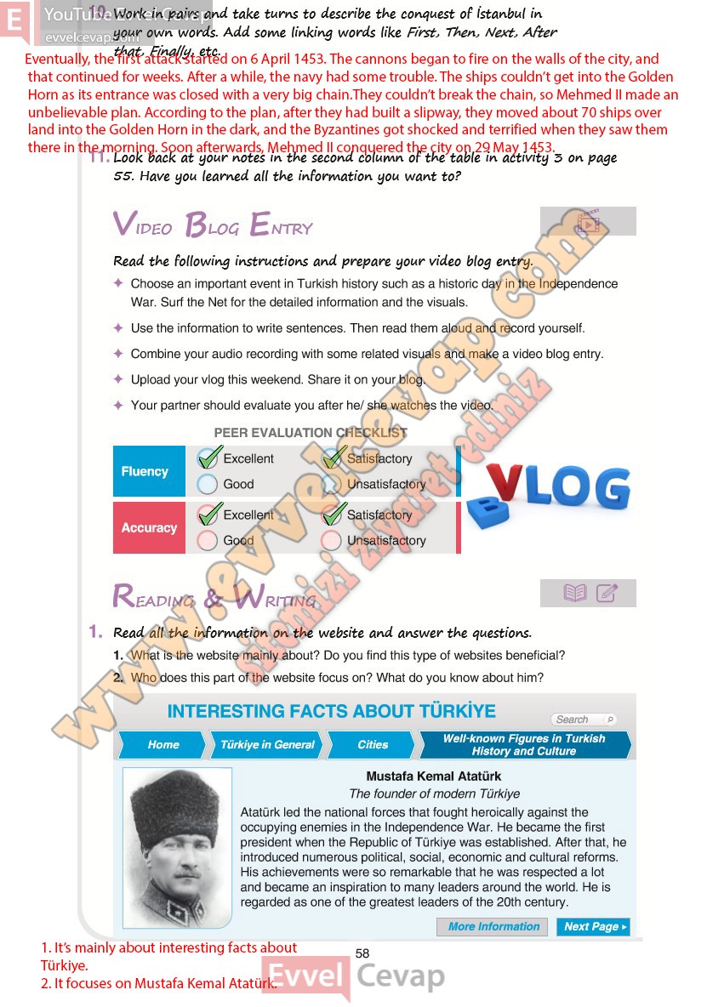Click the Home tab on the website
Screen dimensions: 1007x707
coord(162,744)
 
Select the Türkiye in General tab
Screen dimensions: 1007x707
coord(267,744)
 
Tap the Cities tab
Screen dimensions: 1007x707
coord(372,744)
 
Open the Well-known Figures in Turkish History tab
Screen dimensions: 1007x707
coord(523,744)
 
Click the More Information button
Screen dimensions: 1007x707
coord(493,926)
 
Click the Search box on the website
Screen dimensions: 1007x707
coord(583,720)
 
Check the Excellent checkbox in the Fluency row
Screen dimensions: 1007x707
coord(208,459)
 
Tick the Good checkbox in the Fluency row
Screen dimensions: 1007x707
coord(208,485)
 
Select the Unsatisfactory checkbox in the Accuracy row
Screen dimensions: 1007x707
coord(332,541)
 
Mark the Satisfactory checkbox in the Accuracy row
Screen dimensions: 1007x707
coord(333,515)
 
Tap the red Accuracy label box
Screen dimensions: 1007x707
coord(149,527)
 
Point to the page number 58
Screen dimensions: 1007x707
coord(362,953)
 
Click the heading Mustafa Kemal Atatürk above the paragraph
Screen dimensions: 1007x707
coord(433,776)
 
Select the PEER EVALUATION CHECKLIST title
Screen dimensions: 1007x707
coord(311,433)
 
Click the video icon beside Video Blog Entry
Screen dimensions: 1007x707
coord(588,222)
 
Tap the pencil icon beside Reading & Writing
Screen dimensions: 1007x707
coord(607,593)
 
